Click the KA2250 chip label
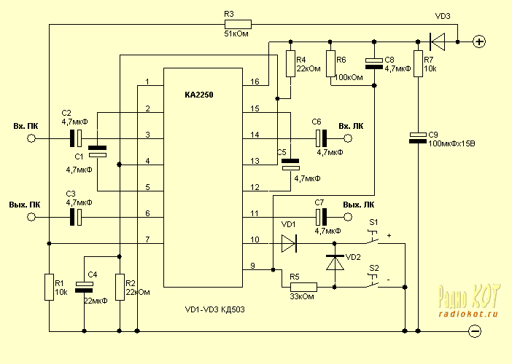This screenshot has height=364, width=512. click(199, 95)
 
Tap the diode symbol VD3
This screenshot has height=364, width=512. click(438, 41)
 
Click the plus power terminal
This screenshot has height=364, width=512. click(479, 41)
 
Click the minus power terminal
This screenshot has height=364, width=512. click(475, 331)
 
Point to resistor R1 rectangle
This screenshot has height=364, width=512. click(49, 285)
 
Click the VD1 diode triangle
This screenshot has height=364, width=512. click(290, 242)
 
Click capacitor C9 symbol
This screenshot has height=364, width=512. click(418, 138)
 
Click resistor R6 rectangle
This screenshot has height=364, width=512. click(332, 61)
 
